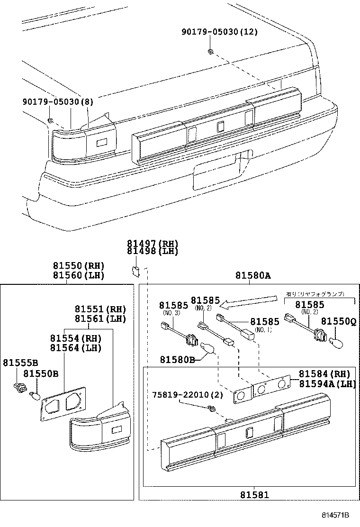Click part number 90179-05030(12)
tap(220, 32)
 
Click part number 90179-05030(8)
tap(58, 101)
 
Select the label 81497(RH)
tap(152, 243)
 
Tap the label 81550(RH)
tap(78, 266)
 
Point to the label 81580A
tap(253, 275)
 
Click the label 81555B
tap(20, 363)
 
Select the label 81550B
tap(41, 374)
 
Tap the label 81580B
tap(177, 360)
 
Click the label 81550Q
tap(339, 322)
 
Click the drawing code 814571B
tap(336, 515)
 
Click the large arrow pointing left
tap(250, 300)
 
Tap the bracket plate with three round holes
tap(263, 389)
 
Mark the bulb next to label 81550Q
tap(339, 340)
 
